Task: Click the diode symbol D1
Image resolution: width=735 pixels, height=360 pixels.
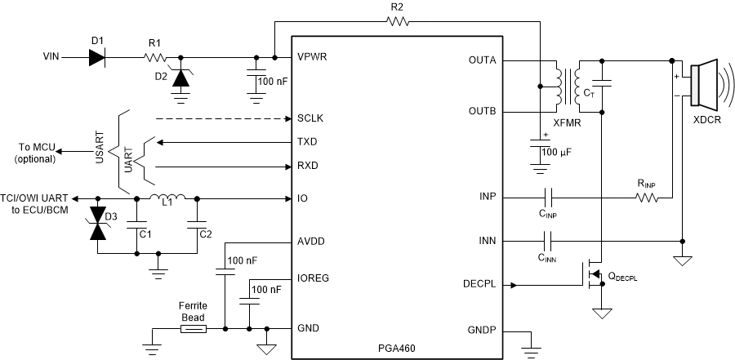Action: (97, 57)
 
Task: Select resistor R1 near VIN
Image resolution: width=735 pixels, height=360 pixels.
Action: (156, 57)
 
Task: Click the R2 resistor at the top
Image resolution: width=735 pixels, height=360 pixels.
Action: (398, 23)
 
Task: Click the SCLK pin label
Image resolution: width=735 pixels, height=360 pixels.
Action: (310, 118)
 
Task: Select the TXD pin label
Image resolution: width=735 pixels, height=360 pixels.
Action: (308, 142)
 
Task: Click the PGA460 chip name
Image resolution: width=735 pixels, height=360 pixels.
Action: (393, 348)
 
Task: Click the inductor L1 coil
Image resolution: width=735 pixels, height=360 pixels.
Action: (167, 198)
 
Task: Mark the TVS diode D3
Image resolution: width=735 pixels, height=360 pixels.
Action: (98, 224)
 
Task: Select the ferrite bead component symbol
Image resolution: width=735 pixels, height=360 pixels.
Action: (192, 329)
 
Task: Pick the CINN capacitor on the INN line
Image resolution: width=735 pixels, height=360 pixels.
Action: (548, 242)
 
